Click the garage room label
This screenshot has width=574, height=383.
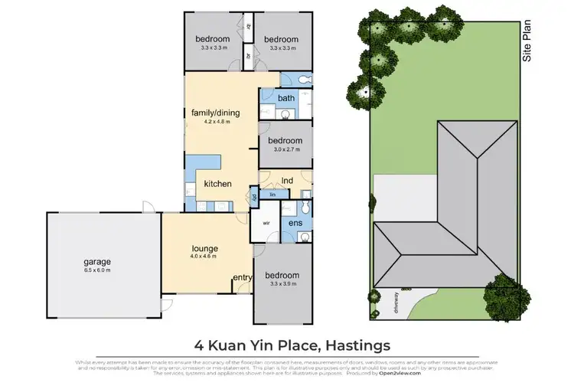pos(96,261)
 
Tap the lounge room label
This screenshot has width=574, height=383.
pos(204,248)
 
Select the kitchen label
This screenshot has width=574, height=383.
pos(217,184)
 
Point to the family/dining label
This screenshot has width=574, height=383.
pos(215,113)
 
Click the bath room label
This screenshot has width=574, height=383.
pos(286,98)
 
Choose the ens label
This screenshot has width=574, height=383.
pos(295,223)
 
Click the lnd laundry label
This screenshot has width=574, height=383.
pos(288,182)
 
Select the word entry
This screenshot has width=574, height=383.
pos(242,277)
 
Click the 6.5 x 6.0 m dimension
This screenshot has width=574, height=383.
pos(96,270)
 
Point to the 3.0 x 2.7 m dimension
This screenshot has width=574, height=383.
pos(285,150)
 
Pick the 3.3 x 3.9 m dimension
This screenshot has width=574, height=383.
pos(285,284)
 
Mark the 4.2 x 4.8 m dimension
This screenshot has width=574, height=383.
pos(215,121)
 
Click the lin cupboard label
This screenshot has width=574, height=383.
pos(272,195)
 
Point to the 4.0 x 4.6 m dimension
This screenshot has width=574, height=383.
pos(204,257)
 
